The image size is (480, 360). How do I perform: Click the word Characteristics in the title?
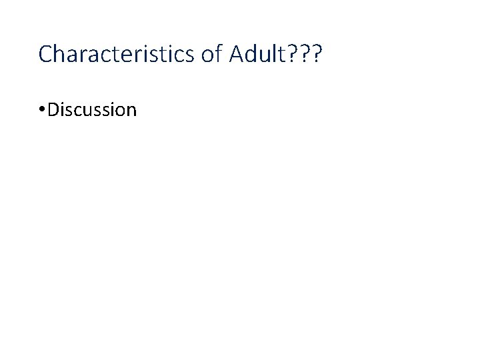117,54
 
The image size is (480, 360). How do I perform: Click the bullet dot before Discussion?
42,110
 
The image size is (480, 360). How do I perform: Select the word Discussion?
92,109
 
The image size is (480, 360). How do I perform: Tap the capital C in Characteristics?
45,54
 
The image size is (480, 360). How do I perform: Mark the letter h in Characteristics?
58,54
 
